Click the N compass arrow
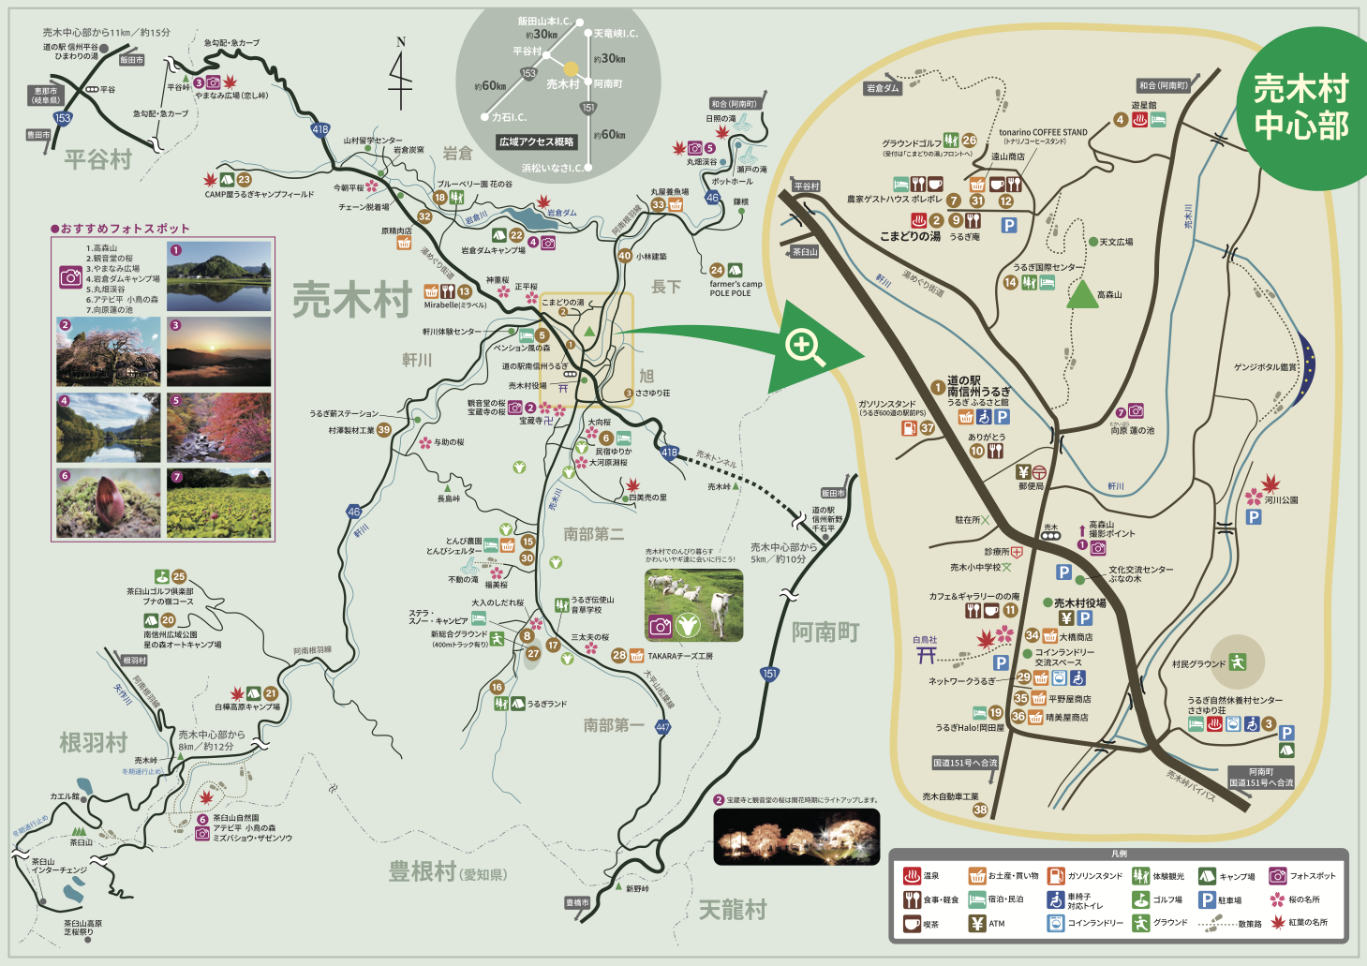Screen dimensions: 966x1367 (x=401, y=75)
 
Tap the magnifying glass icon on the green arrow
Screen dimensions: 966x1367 (x=805, y=348)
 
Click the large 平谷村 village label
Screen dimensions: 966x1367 (x=98, y=159)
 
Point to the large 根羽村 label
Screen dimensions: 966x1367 (x=94, y=743)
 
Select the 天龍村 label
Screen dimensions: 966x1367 (x=733, y=909)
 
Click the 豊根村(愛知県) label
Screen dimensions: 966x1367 (x=448, y=872)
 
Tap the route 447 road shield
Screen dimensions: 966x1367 (x=662, y=727)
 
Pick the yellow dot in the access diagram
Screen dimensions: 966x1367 (x=571, y=68)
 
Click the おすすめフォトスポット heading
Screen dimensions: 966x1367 (x=121, y=229)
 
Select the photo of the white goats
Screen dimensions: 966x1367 (x=693, y=604)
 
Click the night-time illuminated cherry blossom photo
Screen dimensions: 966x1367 (x=796, y=837)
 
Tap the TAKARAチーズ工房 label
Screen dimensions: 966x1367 (x=680, y=656)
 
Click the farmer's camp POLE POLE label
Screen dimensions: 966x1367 (x=736, y=289)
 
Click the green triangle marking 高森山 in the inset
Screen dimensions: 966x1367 (x=1082, y=294)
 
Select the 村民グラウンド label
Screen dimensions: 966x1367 (x=1198, y=664)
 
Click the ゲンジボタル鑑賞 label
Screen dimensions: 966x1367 (x=1266, y=367)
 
